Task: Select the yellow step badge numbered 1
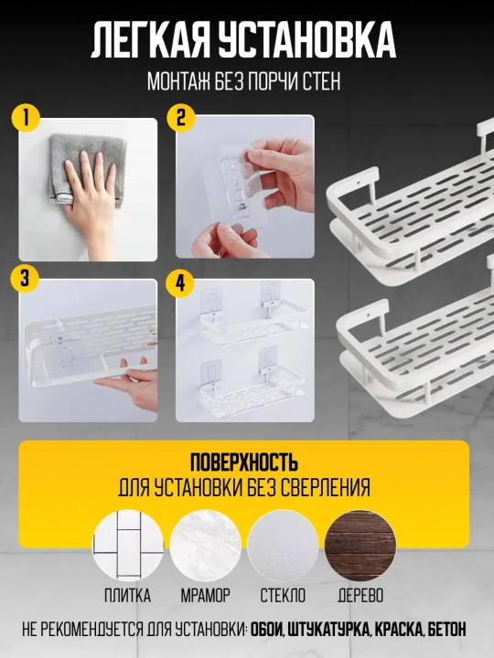tap(26, 118)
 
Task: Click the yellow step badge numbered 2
tap(181, 118)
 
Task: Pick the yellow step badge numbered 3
tap(26, 279)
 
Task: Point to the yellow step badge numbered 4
tap(180, 283)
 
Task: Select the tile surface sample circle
tap(128, 546)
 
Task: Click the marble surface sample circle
tap(206, 546)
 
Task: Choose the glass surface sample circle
tap(283, 546)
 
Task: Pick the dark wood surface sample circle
tap(360, 546)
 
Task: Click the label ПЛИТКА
tap(128, 596)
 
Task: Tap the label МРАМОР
tap(206, 596)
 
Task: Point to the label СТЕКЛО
tap(283, 596)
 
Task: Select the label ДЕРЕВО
tap(360, 596)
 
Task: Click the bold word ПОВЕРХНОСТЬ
tap(244, 462)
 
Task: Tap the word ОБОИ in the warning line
tap(267, 630)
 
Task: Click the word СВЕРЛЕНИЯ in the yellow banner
tap(325, 488)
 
